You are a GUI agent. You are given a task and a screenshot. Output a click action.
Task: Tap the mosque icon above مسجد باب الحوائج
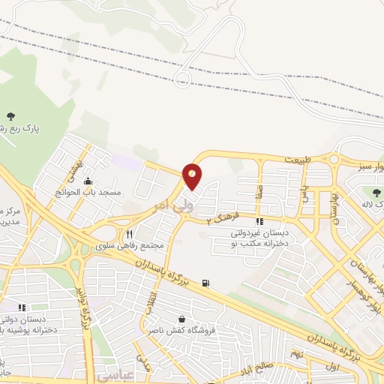[x=88, y=180]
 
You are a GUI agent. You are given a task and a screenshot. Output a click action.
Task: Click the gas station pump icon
[x=206, y=283]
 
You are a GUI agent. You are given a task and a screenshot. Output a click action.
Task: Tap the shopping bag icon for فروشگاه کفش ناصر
[x=181, y=318]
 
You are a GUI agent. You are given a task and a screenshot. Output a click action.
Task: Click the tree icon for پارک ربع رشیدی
[x=10, y=115]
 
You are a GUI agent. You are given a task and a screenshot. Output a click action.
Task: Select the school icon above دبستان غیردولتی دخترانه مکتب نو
[x=260, y=222]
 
